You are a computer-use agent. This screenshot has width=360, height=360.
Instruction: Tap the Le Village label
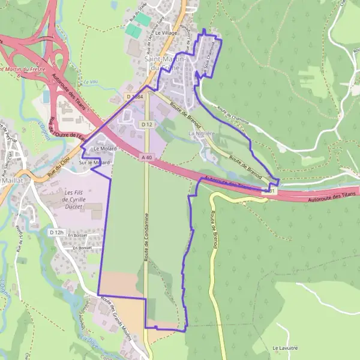point(166,33)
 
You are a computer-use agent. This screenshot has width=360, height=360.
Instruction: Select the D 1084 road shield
point(135,96)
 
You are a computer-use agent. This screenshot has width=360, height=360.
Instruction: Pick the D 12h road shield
point(56,232)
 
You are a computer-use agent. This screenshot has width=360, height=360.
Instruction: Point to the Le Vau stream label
point(91,82)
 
